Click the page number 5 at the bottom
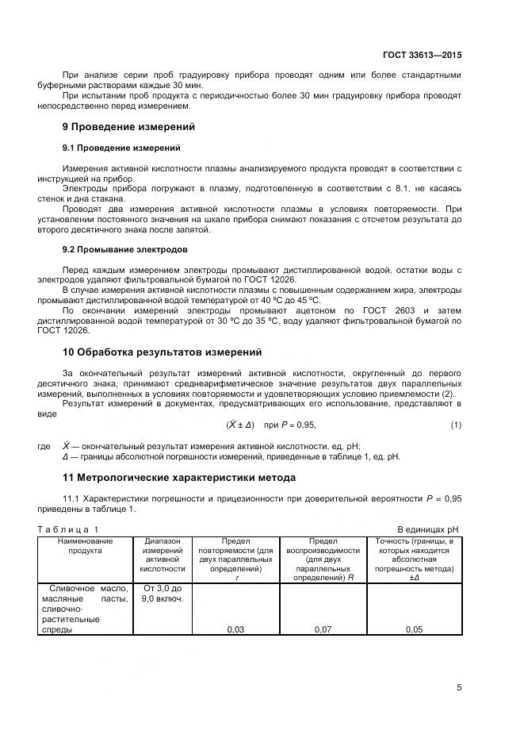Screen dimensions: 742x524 [x=459, y=687]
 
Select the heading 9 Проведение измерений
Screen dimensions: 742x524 [x=128, y=126]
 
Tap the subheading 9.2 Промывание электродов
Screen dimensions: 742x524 [x=124, y=249]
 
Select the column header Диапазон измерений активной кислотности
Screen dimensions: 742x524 [x=162, y=555]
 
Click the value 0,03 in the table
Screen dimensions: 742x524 [x=235, y=629]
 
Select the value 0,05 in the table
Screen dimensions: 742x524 [x=414, y=629]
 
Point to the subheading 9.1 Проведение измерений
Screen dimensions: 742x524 [x=121, y=148]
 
